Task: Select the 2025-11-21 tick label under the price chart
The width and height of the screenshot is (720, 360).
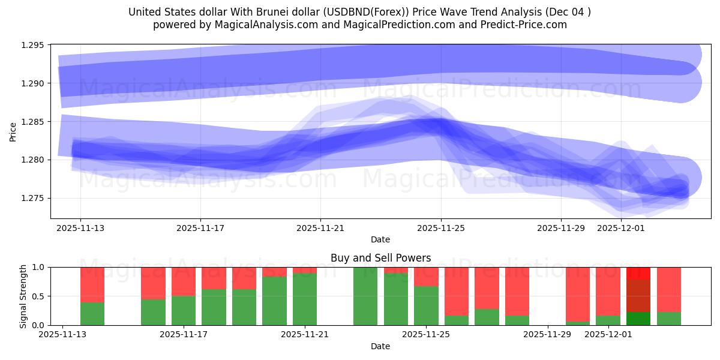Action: click(320, 228)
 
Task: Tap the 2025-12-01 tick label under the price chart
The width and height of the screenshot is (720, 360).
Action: click(621, 228)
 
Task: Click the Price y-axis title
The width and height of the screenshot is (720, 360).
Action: click(13, 131)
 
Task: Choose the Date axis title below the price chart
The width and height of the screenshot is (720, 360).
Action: click(380, 239)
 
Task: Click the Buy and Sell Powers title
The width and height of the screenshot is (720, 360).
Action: click(380, 258)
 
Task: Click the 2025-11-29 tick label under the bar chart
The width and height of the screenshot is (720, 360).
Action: click(548, 335)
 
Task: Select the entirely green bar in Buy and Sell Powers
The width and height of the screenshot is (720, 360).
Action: click(365, 296)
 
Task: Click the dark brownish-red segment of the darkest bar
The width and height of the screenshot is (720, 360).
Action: click(638, 296)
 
